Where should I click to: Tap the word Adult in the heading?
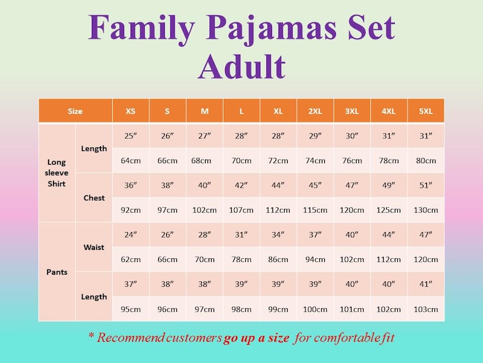coord(241,66)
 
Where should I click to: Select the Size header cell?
coord(75,111)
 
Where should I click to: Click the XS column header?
coord(131,111)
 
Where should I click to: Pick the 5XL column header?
coord(426,111)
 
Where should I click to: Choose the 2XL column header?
coord(315,111)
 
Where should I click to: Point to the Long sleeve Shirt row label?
coord(57,173)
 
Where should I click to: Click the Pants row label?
coord(57,272)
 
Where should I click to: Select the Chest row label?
coord(94,198)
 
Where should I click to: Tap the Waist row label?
coord(94,247)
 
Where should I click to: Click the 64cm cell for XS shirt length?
coord(131,161)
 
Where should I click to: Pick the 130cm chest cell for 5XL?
coord(426,210)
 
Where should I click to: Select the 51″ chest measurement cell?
coord(426,185)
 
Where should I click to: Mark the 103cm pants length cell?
coord(426,309)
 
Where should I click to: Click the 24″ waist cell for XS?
coord(131,234)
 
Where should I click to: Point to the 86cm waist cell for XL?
coord(278,259)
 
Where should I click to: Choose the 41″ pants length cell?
coord(426,284)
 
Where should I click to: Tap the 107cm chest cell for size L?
coord(241,210)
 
